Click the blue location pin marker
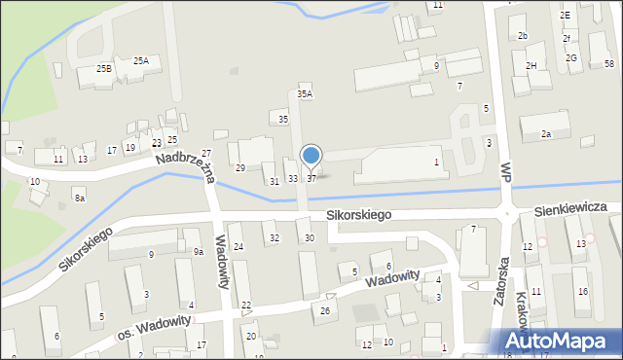[x=311, y=157]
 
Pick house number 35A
[x=305, y=94]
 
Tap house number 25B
[x=104, y=69]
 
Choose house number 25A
[x=141, y=60]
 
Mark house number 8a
[x=80, y=198]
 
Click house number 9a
[x=198, y=252]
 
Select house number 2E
[x=565, y=16]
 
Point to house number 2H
[x=531, y=65]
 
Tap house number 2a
[x=546, y=133]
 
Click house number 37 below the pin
[x=311, y=178]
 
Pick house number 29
[x=239, y=168]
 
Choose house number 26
[x=325, y=311]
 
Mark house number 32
[x=275, y=238]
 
